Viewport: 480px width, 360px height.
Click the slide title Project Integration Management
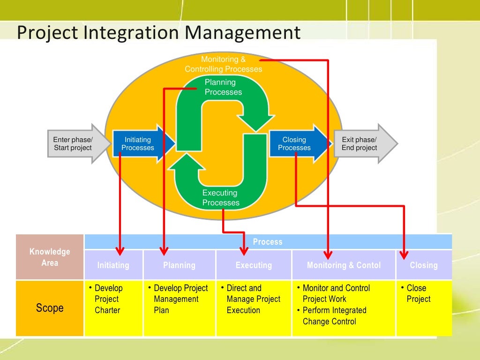click(x=158, y=33)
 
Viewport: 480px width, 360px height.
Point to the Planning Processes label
click(x=223, y=87)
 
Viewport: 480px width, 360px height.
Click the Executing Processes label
click(x=221, y=198)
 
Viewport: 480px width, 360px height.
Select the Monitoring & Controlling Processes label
click(x=223, y=64)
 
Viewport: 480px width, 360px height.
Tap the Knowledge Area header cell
click(x=50, y=257)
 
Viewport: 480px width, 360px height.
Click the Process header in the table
click(x=268, y=242)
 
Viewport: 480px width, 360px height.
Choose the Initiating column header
click(x=113, y=265)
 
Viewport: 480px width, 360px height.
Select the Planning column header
click(x=179, y=265)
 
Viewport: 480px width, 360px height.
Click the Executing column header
click(x=254, y=265)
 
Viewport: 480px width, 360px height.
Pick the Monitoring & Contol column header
click(x=344, y=265)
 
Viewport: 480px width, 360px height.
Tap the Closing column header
click(x=424, y=265)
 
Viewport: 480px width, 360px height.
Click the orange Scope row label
click(x=50, y=308)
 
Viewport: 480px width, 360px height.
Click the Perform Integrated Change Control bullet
click(x=334, y=316)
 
